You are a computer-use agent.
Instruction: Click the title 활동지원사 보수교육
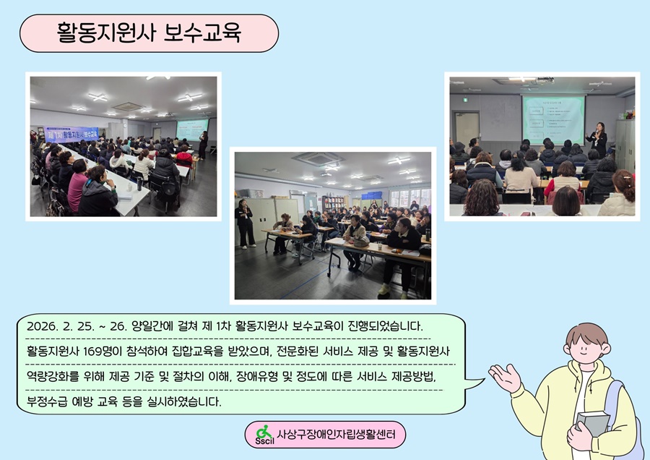coord(149,33)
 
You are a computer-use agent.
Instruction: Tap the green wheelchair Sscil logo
coord(264,435)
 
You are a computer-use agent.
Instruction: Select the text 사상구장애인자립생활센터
coord(336,434)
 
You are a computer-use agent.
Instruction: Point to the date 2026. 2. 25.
coord(61,326)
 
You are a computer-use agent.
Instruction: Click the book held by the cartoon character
coord(592,423)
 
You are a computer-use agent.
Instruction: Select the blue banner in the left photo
coord(71,134)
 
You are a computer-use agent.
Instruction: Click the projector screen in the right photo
coord(553,119)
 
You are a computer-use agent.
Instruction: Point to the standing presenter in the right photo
coord(597,140)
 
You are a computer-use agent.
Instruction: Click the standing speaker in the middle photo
coord(245,223)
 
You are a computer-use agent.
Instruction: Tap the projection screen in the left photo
coord(192,130)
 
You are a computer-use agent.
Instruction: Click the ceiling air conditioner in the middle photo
coord(318,158)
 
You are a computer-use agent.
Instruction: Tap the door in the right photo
coord(467,128)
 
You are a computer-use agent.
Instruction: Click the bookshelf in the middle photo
coord(333,204)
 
